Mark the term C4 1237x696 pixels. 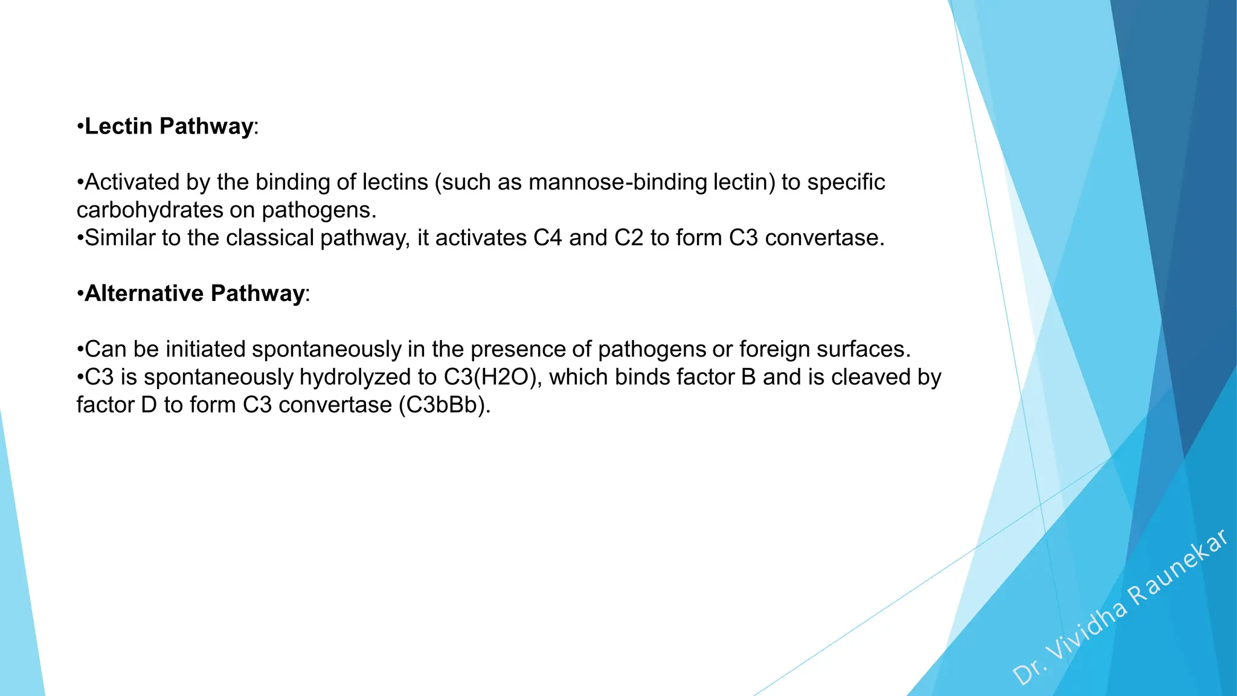pyautogui.click(x=547, y=238)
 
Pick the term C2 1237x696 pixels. pyautogui.click(x=629, y=238)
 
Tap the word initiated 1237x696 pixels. pyautogui.click(x=205, y=349)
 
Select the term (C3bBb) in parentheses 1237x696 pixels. pyautogui.click(x=444, y=405)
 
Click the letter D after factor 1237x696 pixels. pyautogui.click(x=149, y=405)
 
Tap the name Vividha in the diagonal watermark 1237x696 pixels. pyautogui.click(x=1087, y=632)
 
